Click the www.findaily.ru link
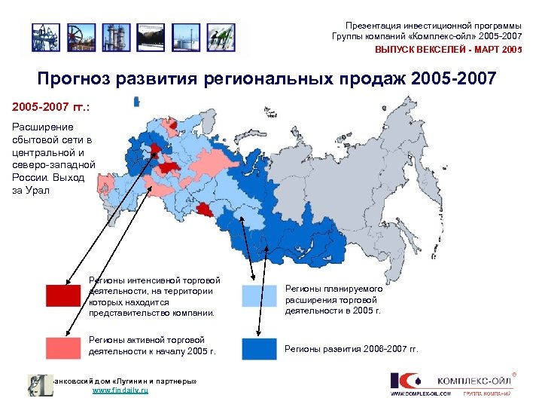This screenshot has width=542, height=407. pyautogui.click(x=120, y=391)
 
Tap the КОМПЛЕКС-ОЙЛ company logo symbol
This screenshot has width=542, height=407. pyautogui.click(x=404, y=381)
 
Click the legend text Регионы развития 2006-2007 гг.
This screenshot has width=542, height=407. pyautogui.click(x=350, y=349)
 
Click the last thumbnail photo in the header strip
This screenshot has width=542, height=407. pyautogui.click(x=221, y=36)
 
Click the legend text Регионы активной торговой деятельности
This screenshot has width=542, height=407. pyautogui.click(x=151, y=346)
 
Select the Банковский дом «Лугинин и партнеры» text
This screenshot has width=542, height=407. pyautogui.click(x=124, y=381)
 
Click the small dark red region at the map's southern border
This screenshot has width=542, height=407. pyautogui.click(x=203, y=209)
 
